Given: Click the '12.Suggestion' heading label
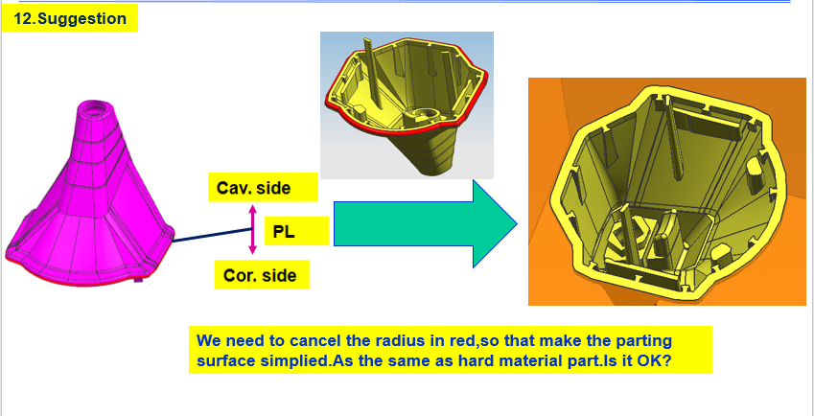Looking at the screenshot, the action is (x=70, y=18).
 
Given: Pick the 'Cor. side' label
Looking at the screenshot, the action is (x=262, y=275).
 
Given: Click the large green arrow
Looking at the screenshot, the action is (x=425, y=223).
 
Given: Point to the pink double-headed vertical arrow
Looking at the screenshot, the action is (x=252, y=229).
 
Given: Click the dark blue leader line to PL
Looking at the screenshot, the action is (x=212, y=236).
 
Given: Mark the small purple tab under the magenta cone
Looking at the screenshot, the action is (x=138, y=280).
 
